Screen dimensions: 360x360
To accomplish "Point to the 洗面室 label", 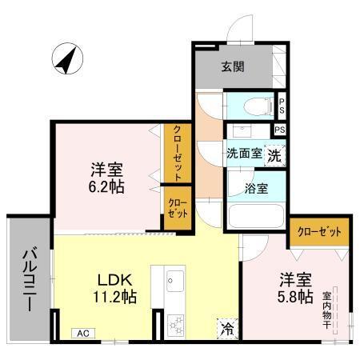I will [x=244, y=154].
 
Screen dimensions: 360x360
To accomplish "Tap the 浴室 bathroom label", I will [x=256, y=188].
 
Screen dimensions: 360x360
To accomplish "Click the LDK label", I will [x=114, y=281].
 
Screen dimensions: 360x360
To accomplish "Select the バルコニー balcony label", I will [x=29, y=282].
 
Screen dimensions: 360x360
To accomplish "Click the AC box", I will [x=82, y=334].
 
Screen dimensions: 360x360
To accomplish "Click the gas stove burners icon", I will [x=177, y=323].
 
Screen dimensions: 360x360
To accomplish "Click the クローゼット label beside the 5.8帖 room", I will [x=318, y=231].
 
